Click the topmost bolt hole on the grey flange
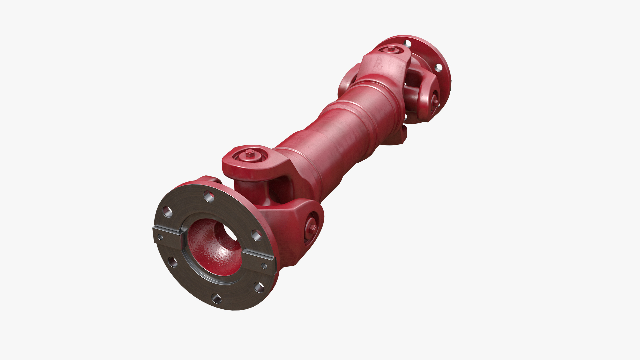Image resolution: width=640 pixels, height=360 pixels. click(209, 196)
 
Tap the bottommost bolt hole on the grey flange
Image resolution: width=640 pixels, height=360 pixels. click(217, 298)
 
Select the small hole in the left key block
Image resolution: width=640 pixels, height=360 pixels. click(160, 237)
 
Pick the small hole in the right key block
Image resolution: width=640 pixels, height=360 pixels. click(264, 266)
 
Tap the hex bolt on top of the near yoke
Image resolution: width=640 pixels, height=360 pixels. click(250, 153)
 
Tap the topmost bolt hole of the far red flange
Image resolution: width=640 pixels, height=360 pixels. click(408, 43)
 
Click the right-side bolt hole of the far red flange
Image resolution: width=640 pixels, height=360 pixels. click(439, 67)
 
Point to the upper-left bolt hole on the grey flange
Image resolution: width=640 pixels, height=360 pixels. click(167, 212)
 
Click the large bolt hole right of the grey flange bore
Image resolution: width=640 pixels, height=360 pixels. click(257, 235)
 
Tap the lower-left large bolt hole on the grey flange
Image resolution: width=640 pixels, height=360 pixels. click(173, 262)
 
